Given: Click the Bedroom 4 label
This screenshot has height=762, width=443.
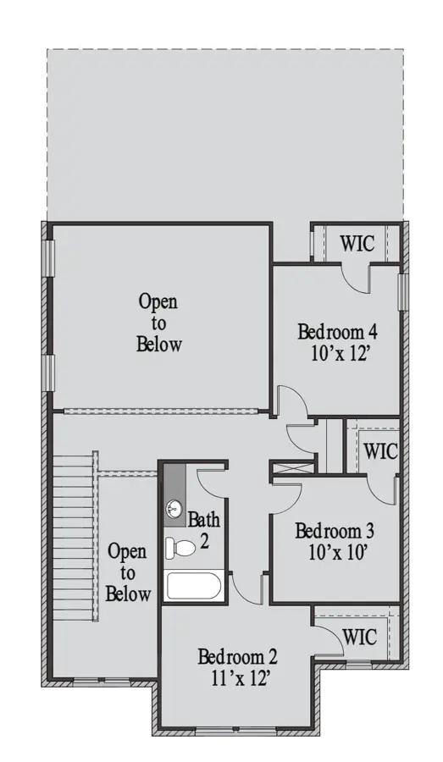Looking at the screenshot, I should pyautogui.click(x=336, y=331).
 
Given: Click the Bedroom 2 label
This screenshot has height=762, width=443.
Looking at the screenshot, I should pyautogui.click(x=237, y=656).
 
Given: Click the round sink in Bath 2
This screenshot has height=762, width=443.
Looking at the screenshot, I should pyautogui.click(x=174, y=509).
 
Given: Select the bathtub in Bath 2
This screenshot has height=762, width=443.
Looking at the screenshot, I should pyautogui.click(x=193, y=586).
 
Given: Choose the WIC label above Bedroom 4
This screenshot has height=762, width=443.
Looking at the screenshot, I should pyautogui.click(x=357, y=244).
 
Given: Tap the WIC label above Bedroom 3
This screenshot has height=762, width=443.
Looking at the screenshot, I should pyautogui.click(x=379, y=450).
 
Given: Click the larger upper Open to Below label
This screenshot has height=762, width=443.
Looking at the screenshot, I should pyautogui.click(x=159, y=323).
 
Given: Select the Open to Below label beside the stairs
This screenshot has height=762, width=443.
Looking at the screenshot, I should pyautogui.click(x=128, y=572).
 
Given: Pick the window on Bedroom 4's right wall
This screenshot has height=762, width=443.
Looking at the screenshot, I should pyautogui.click(x=403, y=289).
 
